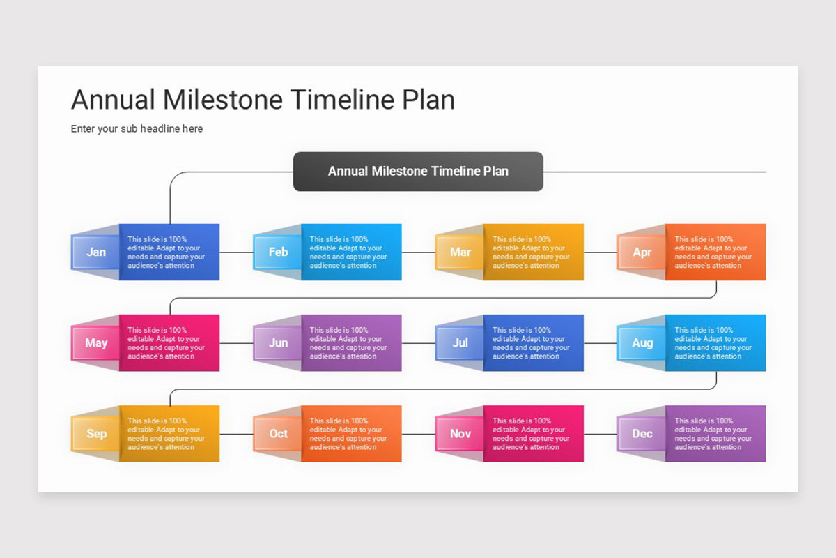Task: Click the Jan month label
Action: tap(96, 252)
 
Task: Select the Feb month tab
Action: tap(278, 252)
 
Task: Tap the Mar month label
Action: tap(460, 252)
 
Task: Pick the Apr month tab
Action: tap(642, 252)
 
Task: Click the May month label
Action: tap(96, 342)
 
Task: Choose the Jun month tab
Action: tap(278, 342)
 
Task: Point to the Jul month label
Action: tap(460, 342)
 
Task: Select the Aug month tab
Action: tap(642, 342)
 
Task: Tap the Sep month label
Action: tap(96, 433)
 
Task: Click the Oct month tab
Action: tap(278, 433)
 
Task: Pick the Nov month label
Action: tap(460, 433)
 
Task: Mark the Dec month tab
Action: tap(642, 433)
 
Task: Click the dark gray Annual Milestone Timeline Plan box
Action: tap(418, 171)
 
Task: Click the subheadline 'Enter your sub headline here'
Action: tap(137, 128)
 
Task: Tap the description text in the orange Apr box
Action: tap(713, 252)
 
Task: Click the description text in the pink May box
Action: tap(167, 343)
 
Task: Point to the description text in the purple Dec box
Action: tap(713, 434)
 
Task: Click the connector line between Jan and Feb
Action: tap(236, 252)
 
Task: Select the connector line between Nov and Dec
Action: tap(600, 434)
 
